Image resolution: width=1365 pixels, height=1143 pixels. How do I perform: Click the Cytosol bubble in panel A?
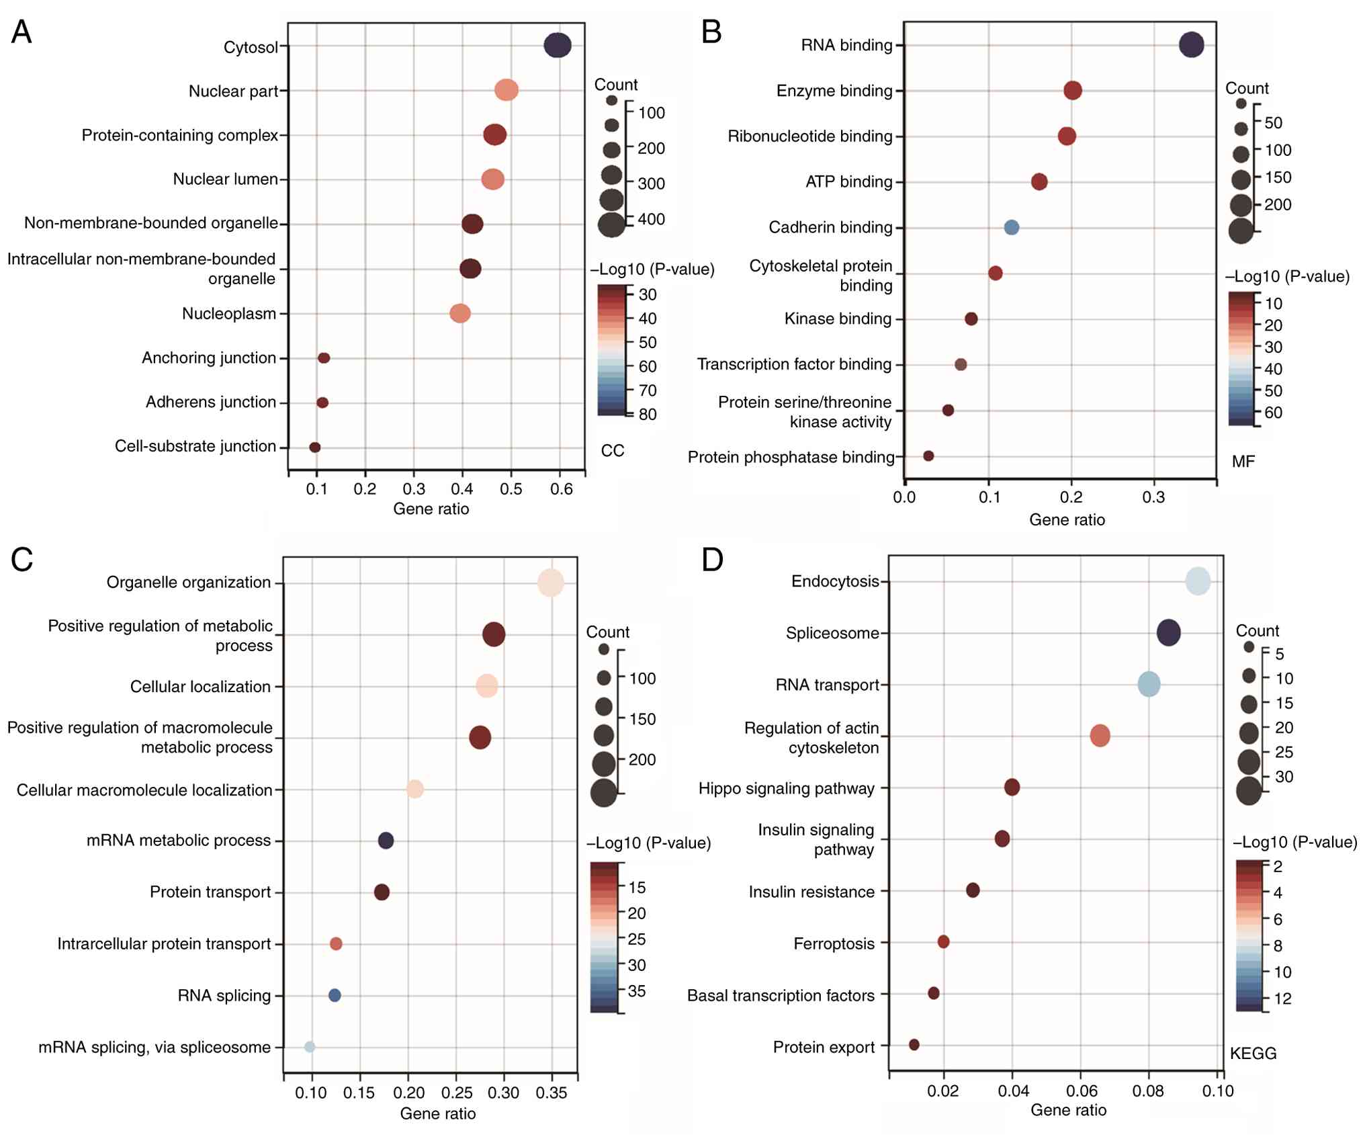click(557, 46)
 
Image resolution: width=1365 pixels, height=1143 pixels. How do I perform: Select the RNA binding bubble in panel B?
click(1191, 45)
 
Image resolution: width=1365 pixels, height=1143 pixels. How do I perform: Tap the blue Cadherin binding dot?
click(1011, 227)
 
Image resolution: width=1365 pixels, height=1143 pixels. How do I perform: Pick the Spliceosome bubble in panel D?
click(1168, 632)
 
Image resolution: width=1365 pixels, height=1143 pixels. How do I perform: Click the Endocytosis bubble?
click(1198, 581)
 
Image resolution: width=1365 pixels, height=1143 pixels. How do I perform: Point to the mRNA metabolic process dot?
click(386, 840)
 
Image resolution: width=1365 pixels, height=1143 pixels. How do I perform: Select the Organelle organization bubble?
click(551, 583)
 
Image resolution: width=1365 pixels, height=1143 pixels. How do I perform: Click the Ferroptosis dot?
click(943, 941)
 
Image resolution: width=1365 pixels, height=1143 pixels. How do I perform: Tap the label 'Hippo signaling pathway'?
click(786, 788)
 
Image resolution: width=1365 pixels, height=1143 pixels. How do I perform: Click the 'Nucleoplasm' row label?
click(229, 314)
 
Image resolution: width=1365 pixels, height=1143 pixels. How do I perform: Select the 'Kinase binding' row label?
click(838, 319)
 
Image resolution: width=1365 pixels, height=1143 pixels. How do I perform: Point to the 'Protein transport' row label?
click(210, 892)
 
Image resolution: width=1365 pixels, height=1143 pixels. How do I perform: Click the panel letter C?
click(22, 559)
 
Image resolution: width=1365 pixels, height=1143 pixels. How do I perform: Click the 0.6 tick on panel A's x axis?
click(561, 489)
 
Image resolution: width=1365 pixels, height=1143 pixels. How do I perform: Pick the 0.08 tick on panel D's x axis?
click(1148, 1090)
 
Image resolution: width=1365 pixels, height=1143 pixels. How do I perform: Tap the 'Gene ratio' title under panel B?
click(1067, 519)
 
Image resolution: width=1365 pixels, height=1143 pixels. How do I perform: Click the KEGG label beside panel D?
click(1253, 1053)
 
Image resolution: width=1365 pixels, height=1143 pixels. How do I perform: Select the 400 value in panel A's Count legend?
click(651, 219)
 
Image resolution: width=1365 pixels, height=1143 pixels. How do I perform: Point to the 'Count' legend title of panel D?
click(1258, 631)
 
